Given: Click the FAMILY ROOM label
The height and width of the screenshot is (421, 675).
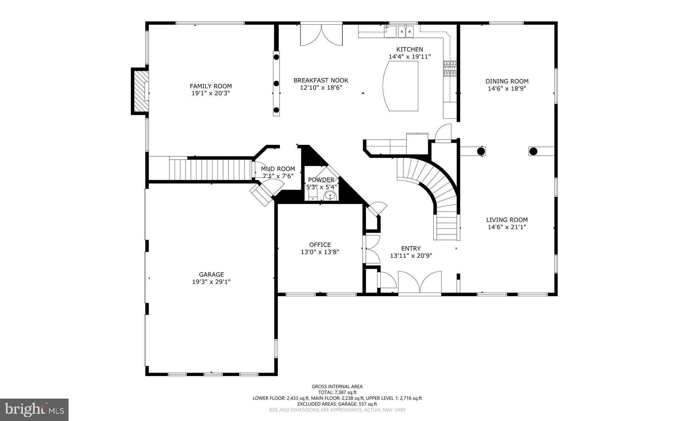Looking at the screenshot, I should (211, 86).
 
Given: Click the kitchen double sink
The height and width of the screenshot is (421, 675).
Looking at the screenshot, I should (405, 32).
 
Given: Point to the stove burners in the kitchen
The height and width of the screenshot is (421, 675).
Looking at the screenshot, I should (450, 69).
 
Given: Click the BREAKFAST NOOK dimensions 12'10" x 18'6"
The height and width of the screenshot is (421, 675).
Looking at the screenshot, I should (321, 88).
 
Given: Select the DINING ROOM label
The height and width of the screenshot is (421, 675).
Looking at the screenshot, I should (507, 81).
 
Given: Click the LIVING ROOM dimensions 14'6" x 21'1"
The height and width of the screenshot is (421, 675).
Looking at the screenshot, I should (507, 227).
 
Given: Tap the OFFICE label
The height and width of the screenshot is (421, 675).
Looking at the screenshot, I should (320, 245).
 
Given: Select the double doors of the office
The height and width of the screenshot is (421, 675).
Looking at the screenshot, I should (372, 249).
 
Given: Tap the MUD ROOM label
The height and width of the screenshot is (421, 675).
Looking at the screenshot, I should (278, 169).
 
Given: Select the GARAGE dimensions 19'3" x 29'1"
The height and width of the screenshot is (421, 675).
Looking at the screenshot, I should (211, 282).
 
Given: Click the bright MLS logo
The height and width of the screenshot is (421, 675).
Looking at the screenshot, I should (34, 409).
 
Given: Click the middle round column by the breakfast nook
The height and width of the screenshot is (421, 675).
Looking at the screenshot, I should (277, 84).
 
